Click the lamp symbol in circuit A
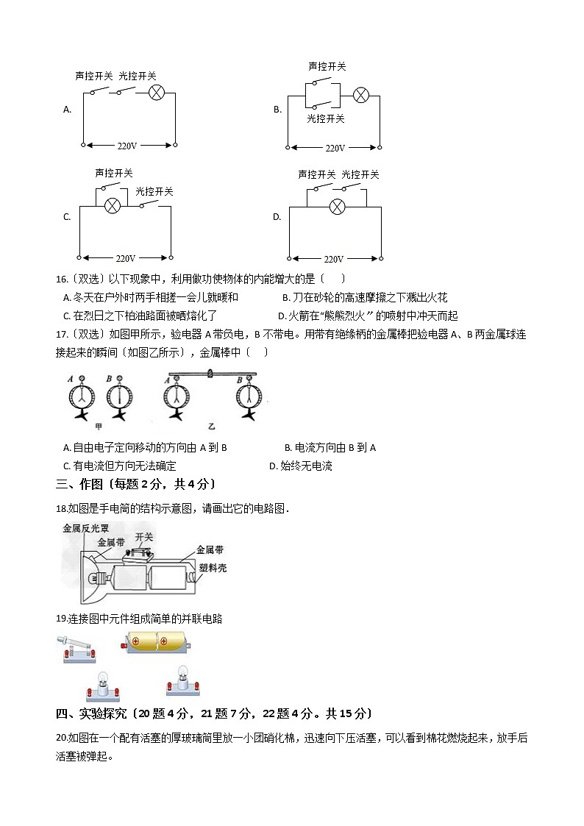156,92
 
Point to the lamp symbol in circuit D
337,206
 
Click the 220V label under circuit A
128,146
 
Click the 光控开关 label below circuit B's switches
326,118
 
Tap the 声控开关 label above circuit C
114,173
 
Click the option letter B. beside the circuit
277,110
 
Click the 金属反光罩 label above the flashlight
85,527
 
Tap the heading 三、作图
80,484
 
